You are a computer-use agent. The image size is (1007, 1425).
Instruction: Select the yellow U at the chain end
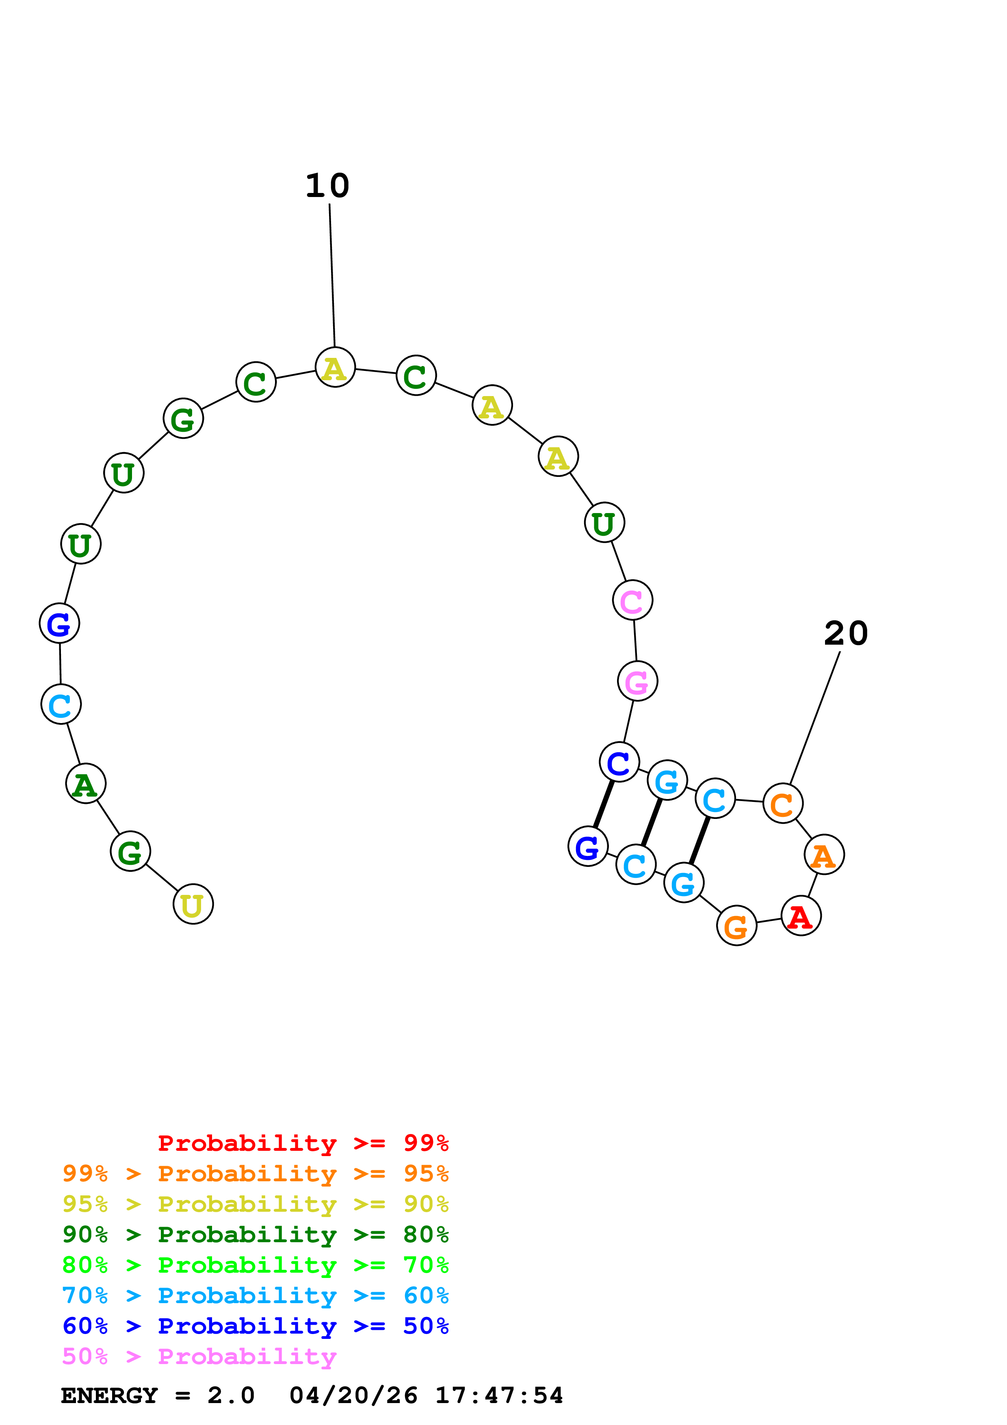(x=193, y=904)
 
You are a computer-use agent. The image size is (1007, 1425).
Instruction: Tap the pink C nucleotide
(x=632, y=600)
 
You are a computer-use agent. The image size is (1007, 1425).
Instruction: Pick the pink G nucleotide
(x=637, y=682)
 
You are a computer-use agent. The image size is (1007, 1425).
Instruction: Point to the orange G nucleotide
(x=736, y=926)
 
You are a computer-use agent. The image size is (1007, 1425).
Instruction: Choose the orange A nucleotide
(x=824, y=855)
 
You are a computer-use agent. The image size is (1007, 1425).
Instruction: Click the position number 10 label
(x=327, y=186)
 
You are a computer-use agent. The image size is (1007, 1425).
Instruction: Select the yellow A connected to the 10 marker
(x=335, y=368)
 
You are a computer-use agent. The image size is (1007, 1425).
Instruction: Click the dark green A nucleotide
(x=86, y=784)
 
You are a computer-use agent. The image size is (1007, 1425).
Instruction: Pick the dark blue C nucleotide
(x=619, y=762)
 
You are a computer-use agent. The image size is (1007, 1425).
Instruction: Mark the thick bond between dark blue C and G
(x=604, y=804)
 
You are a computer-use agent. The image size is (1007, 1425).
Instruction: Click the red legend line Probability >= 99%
(x=303, y=1143)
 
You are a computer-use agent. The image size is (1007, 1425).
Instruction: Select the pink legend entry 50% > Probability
(x=199, y=1356)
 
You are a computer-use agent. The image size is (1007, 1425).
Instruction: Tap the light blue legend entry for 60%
(x=255, y=1295)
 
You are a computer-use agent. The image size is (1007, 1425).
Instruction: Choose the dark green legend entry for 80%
(x=255, y=1234)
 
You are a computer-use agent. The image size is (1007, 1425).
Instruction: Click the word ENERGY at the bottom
(x=109, y=1395)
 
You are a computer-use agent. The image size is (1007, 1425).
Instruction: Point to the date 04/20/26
(x=353, y=1395)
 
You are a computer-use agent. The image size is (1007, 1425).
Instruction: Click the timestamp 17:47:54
(x=499, y=1395)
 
